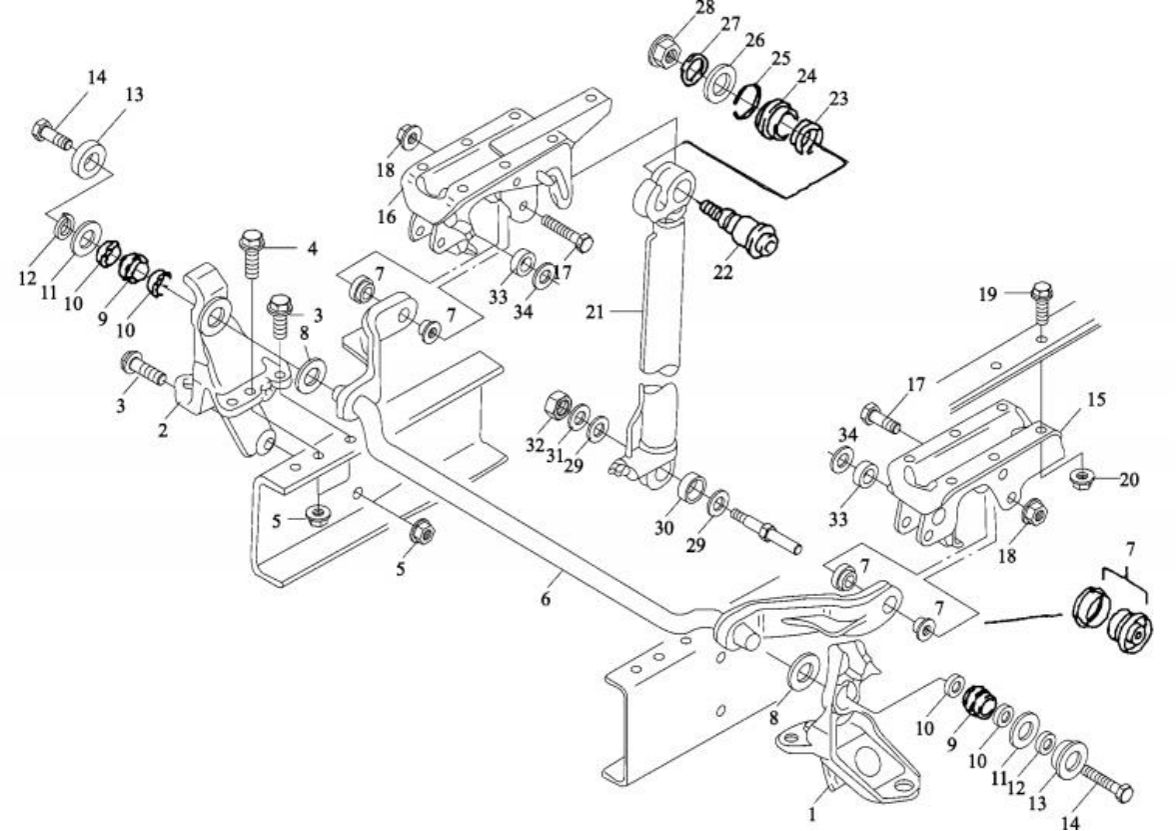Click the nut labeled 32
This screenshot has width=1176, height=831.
point(551,408)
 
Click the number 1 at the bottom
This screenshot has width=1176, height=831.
point(812,816)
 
